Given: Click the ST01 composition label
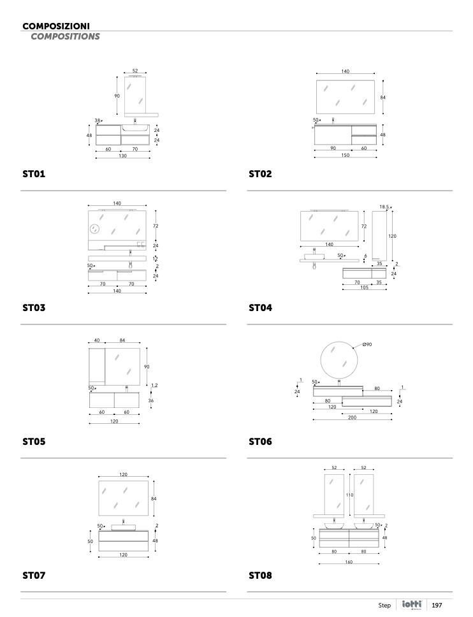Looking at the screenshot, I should pos(34,173).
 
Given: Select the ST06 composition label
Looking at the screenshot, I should pos(260,441).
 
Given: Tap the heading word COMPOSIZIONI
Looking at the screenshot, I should pos(55,26).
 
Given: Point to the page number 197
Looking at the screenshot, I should pos(437,605).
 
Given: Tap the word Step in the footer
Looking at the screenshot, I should pos(384,605).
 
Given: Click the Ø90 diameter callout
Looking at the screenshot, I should pos(367,345).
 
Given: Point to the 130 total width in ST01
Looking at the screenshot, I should pos(122,156).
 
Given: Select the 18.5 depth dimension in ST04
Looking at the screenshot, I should pos(384,207).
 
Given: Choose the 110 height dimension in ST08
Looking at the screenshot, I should pos(349,495).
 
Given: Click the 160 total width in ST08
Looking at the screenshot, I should pos(349,562).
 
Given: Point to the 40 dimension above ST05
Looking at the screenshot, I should pos(96,340).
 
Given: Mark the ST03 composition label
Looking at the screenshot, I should pos(34,307).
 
